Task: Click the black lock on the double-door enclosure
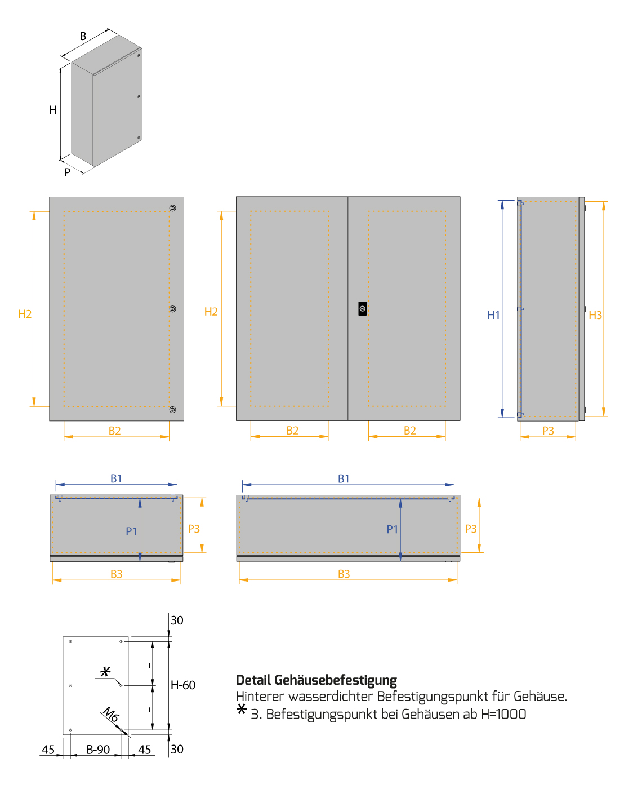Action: (x=362, y=309)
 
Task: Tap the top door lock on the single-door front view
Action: (x=173, y=208)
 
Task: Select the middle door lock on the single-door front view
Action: (x=173, y=309)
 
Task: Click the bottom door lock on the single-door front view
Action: (x=173, y=410)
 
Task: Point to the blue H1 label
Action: (x=493, y=315)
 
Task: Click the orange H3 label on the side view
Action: (x=595, y=315)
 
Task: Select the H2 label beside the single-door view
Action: (x=25, y=314)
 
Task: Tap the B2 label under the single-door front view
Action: (x=115, y=431)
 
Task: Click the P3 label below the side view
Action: (x=548, y=431)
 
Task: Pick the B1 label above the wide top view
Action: (x=344, y=478)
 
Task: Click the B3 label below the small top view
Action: (x=116, y=574)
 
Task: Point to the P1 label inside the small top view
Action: (x=131, y=531)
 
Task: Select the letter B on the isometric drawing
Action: (x=83, y=36)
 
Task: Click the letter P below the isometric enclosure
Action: (x=67, y=172)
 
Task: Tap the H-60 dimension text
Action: (x=183, y=685)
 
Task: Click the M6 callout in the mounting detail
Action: (x=111, y=715)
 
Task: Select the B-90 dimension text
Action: (x=98, y=750)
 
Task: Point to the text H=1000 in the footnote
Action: (x=503, y=714)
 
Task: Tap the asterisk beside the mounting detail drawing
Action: (x=105, y=672)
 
